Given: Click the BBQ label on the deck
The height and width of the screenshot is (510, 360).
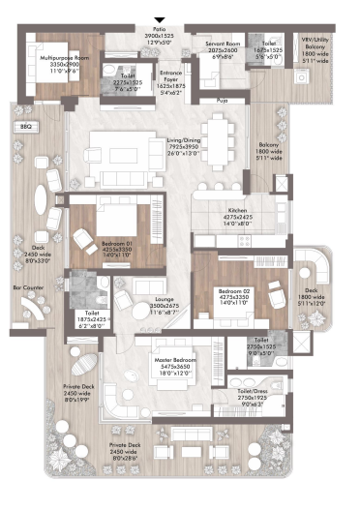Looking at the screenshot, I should (26, 127).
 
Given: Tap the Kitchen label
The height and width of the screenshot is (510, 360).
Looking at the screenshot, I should (238, 210).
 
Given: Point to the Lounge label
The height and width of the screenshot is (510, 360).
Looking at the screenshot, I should (165, 300).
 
